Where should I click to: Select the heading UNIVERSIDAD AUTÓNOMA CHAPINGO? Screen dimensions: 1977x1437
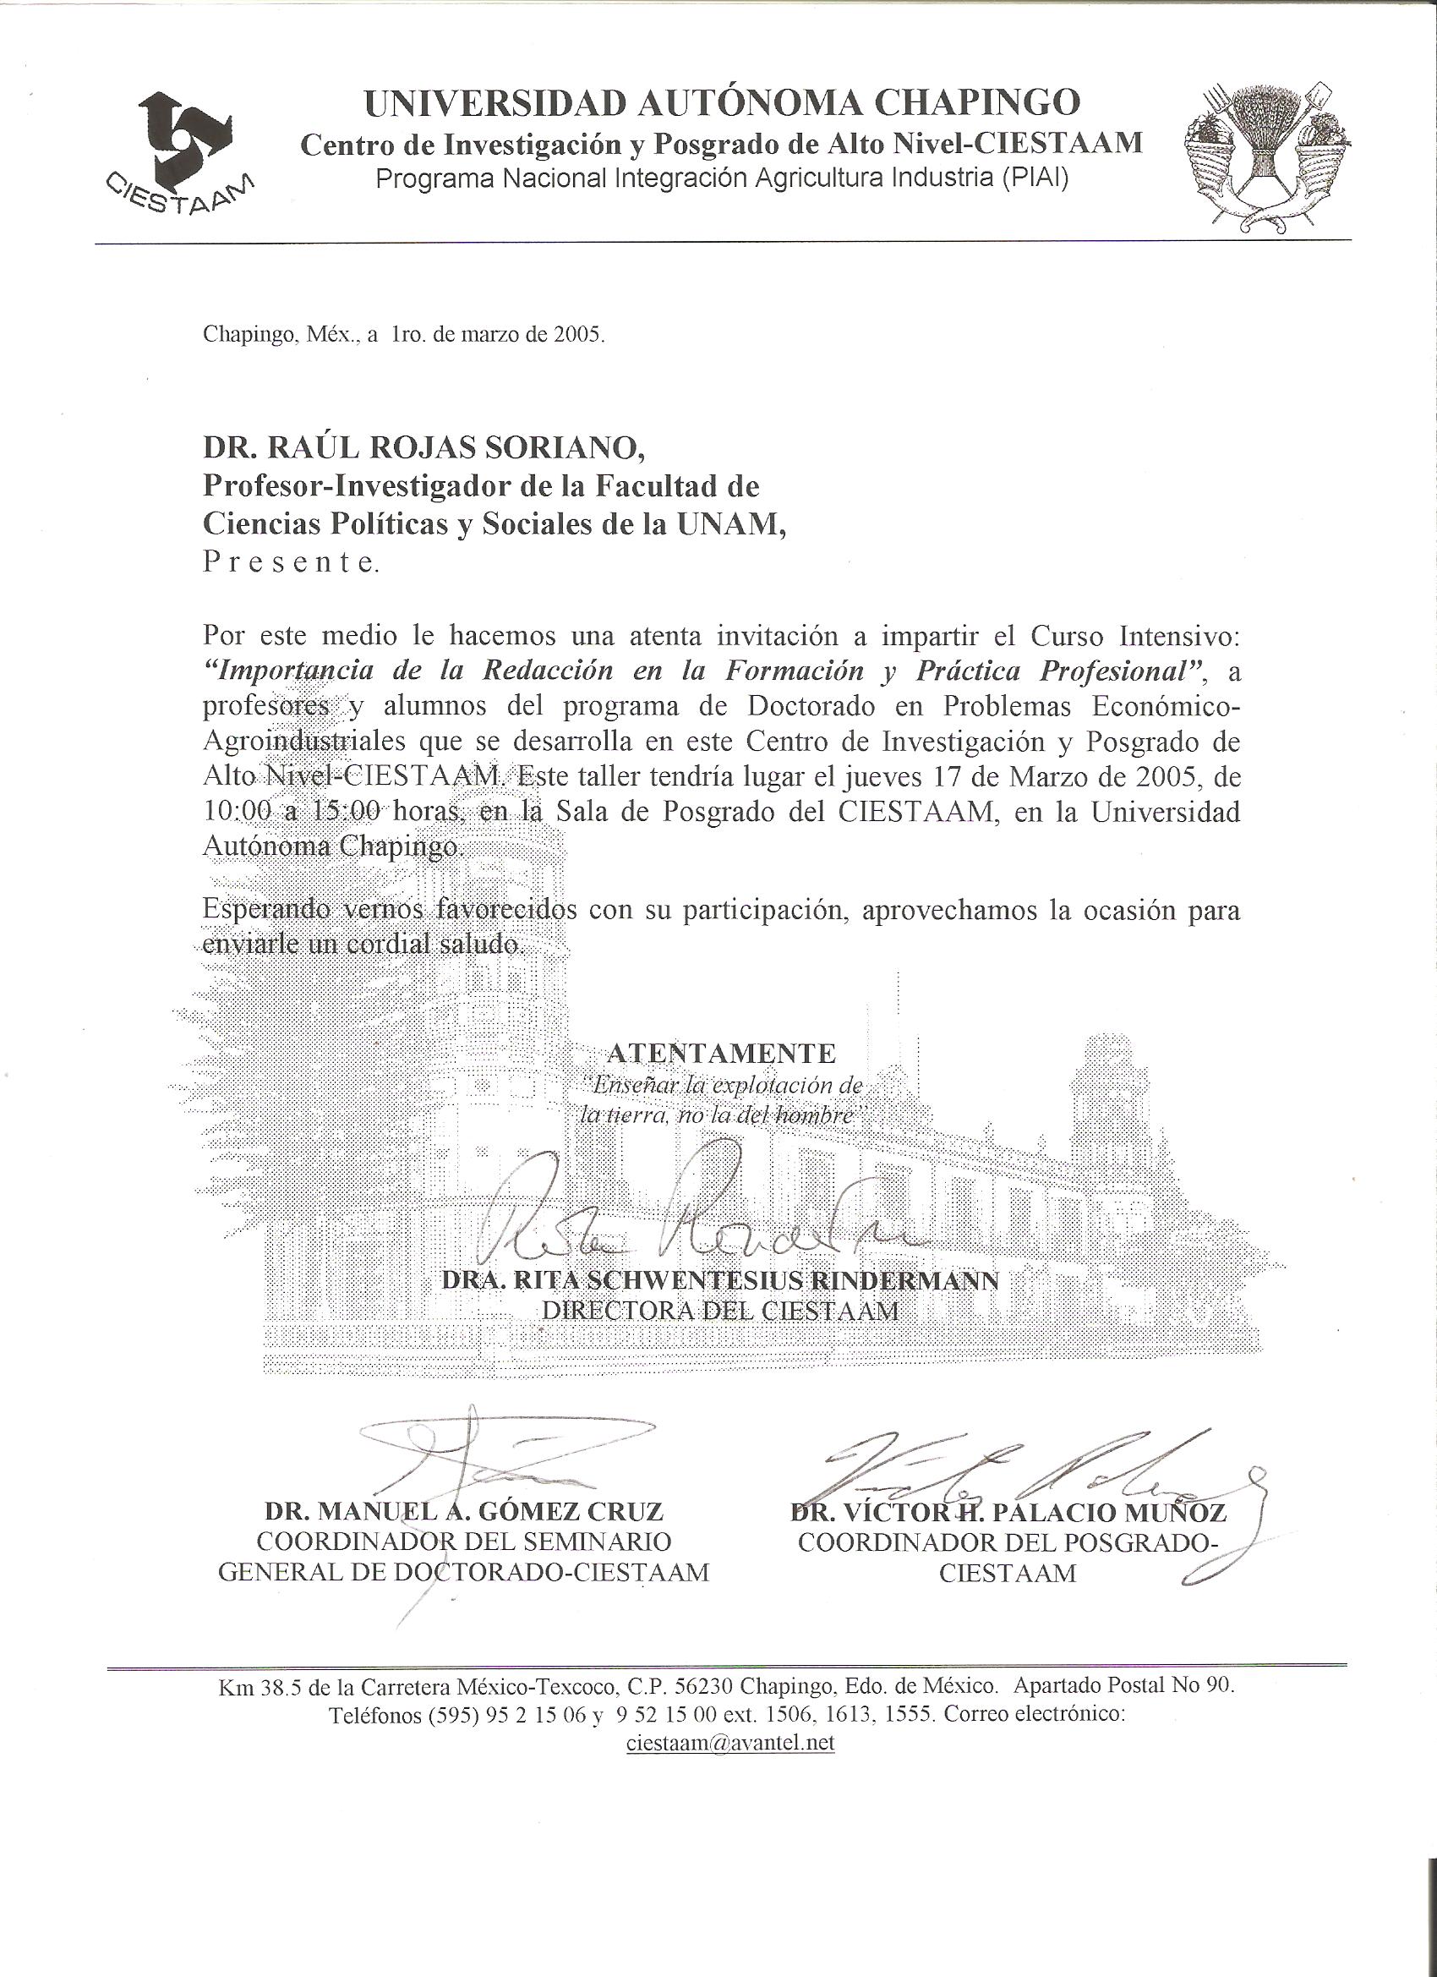point(722,104)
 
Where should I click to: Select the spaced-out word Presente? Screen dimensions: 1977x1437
point(290,563)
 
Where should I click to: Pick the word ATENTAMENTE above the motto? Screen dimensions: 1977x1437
point(721,1053)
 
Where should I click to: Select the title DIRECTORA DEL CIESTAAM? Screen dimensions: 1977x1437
point(720,1310)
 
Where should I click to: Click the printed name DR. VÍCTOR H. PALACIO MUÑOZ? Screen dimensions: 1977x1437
point(1008,1513)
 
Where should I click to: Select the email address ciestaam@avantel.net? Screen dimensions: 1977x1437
point(729,1743)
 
